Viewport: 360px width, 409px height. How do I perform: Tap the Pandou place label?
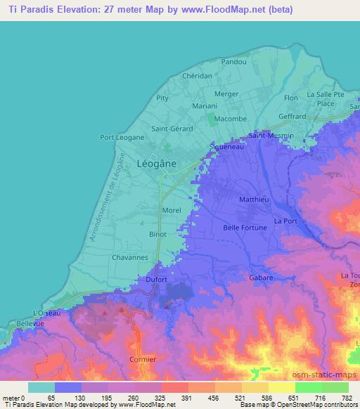click(x=233, y=62)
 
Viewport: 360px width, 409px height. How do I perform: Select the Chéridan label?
click(x=196, y=76)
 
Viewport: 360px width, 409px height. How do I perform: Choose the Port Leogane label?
click(x=122, y=137)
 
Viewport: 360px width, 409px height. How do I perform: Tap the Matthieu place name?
click(x=255, y=200)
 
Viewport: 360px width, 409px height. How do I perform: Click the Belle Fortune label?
click(x=245, y=228)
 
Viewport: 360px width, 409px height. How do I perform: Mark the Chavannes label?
click(x=129, y=258)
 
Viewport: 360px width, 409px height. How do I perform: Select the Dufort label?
click(x=156, y=279)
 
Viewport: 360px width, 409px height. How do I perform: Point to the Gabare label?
click(x=261, y=278)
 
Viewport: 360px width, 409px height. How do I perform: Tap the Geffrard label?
click(x=292, y=117)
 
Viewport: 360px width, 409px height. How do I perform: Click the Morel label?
click(x=172, y=210)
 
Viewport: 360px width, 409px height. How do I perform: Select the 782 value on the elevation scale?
click(x=347, y=398)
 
